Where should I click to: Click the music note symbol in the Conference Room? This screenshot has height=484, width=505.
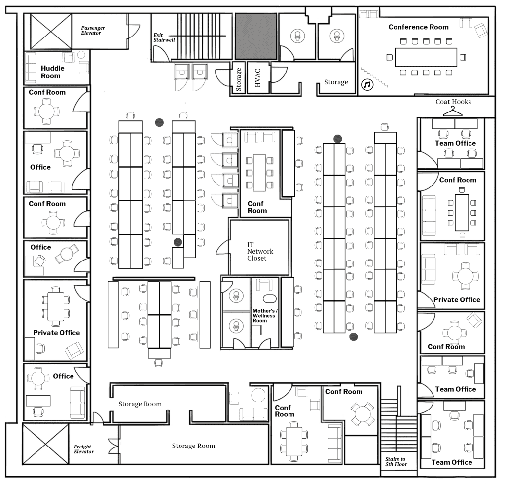367,85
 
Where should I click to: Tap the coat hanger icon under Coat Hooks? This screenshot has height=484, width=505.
453,112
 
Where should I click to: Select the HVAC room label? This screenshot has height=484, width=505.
257,77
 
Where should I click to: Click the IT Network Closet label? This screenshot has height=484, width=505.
260,251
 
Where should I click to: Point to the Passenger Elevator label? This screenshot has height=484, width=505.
93,30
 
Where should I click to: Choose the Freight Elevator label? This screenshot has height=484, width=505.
84,449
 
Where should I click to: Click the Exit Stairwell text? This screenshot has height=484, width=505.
164,37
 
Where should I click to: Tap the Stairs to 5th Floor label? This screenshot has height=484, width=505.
396,461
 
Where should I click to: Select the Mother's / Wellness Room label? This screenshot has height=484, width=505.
265,316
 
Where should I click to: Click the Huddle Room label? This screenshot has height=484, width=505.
52,72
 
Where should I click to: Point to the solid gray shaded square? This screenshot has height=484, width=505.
256,36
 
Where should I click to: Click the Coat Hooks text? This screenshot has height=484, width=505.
453,102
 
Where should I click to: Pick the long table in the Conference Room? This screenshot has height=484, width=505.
426,57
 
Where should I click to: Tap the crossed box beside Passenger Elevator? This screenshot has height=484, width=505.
51,32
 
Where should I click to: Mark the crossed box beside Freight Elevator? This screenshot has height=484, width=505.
45,444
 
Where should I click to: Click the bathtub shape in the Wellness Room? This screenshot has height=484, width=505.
270,298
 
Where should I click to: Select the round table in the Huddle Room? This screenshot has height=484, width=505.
81,54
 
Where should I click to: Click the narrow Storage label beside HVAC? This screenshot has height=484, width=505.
239,79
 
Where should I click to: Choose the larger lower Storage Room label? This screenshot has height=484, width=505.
193,446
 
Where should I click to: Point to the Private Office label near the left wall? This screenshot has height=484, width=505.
56,333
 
